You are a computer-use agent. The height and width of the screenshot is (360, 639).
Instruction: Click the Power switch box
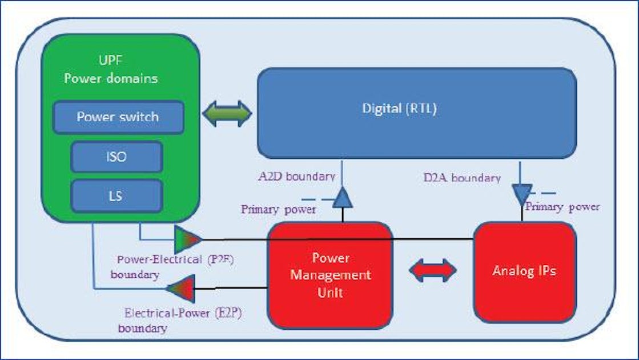point(118,117)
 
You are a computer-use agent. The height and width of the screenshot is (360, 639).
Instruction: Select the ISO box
point(116,157)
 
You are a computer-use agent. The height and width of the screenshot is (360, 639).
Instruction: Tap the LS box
point(116,196)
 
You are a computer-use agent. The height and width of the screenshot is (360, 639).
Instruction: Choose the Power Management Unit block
point(330,275)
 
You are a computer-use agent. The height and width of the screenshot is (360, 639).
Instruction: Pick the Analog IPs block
point(524,271)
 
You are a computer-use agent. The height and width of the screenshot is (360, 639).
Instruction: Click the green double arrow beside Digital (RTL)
point(227,113)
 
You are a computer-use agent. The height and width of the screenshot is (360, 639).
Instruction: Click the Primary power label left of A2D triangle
point(278,209)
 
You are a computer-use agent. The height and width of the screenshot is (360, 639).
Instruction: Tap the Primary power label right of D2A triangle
point(562,206)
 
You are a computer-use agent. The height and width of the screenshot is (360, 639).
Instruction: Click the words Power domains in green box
point(111,78)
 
